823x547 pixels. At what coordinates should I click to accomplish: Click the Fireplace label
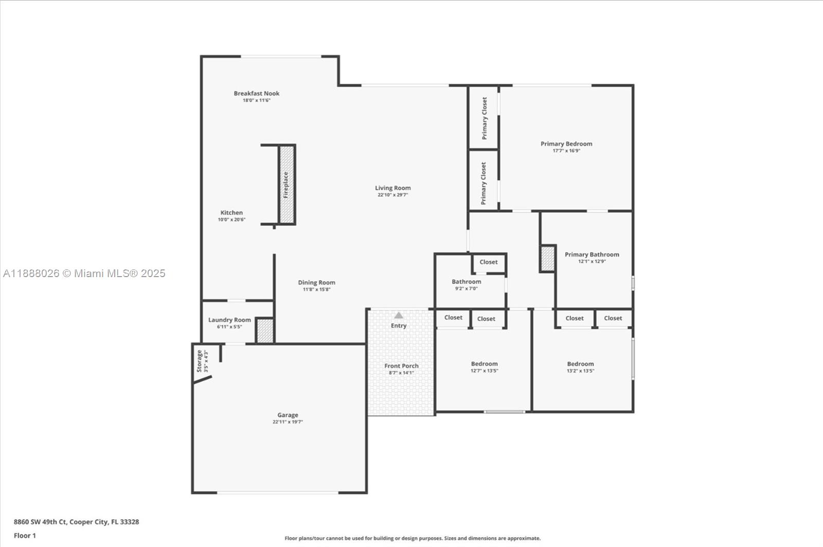click(x=286, y=185)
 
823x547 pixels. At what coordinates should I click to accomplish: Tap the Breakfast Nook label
click(x=257, y=94)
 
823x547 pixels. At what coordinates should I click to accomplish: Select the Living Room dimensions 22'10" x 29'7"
click(x=392, y=195)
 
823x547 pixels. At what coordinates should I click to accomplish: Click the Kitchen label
click(x=231, y=212)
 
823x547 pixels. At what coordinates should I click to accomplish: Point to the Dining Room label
click(x=316, y=282)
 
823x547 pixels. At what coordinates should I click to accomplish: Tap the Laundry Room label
click(x=229, y=320)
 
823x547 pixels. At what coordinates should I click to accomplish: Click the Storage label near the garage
click(x=200, y=361)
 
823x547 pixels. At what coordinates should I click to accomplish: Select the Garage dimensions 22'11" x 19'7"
click(x=288, y=422)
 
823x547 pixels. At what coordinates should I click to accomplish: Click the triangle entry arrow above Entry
click(x=399, y=315)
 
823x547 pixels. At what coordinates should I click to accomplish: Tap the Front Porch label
click(x=401, y=366)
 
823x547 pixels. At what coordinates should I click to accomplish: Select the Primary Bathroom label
click(x=592, y=254)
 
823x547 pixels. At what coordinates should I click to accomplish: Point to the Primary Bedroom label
click(x=566, y=144)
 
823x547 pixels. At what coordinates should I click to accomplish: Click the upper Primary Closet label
click(x=484, y=118)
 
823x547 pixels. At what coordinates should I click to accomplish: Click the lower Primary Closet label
click(x=484, y=183)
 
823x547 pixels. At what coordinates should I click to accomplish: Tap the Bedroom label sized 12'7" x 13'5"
click(x=484, y=364)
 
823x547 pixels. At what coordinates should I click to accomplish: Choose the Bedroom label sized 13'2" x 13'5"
click(x=580, y=364)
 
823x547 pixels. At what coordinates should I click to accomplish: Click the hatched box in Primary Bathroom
click(x=548, y=259)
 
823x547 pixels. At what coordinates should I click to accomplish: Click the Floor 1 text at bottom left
click(x=25, y=536)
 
